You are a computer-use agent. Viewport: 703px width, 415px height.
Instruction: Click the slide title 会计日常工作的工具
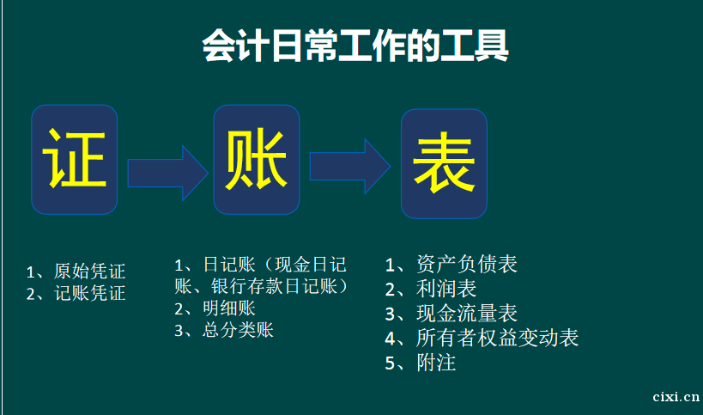(x=355, y=46)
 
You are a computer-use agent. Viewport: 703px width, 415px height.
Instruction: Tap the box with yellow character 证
(x=75, y=160)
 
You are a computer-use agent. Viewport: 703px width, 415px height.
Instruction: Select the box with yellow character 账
(x=257, y=160)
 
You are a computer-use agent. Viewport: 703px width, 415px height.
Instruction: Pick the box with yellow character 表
(x=444, y=164)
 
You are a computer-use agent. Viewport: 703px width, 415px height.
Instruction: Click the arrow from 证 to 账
(x=168, y=174)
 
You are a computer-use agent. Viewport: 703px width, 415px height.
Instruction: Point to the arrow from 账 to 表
(x=350, y=167)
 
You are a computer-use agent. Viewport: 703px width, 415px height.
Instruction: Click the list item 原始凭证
(x=89, y=271)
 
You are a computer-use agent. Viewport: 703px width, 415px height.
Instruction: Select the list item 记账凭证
(x=89, y=293)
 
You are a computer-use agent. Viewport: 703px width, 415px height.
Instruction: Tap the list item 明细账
(x=228, y=308)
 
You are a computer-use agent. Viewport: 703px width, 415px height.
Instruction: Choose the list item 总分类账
(x=238, y=330)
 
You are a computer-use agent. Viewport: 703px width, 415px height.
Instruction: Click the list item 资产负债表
(x=467, y=264)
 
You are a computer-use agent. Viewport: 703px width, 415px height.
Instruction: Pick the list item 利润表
(x=446, y=289)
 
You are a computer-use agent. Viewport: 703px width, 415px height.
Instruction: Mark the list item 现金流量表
(x=467, y=313)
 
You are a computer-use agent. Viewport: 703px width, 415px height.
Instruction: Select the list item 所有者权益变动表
(x=497, y=338)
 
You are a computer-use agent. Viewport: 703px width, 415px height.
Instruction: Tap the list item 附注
(x=436, y=363)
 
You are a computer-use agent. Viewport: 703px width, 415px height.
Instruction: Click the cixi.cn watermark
(x=676, y=397)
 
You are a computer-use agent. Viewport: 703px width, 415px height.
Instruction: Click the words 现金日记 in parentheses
(x=310, y=265)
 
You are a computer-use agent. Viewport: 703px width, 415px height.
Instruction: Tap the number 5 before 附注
(x=390, y=363)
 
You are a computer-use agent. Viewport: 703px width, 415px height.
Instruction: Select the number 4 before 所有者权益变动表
(x=390, y=339)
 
